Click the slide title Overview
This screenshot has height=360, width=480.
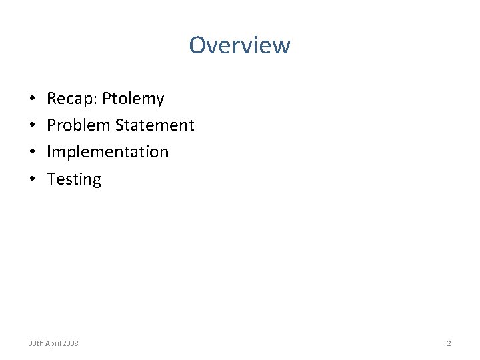(x=239, y=45)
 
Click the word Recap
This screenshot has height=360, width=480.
(x=71, y=99)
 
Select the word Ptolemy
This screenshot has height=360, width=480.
(x=133, y=99)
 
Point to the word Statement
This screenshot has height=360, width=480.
(x=155, y=125)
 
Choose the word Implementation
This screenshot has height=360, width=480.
(x=108, y=152)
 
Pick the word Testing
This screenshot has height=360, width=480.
(x=74, y=179)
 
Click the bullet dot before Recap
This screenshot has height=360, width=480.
(x=32, y=99)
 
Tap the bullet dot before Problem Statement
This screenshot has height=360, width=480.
(x=32, y=126)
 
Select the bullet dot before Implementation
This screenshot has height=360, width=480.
(x=32, y=153)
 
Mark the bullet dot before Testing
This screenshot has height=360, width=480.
(x=32, y=179)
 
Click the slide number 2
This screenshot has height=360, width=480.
(x=449, y=343)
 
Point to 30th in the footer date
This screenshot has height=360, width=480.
(x=35, y=343)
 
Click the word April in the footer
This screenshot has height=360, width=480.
(x=53, y=343)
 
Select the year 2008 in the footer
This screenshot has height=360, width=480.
(x=70, y=343)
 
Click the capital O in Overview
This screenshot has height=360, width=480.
(x=198, y=45)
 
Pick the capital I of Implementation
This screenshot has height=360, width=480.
(x=49, y=152)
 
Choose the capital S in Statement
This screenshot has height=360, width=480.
(x=120, y=125)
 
